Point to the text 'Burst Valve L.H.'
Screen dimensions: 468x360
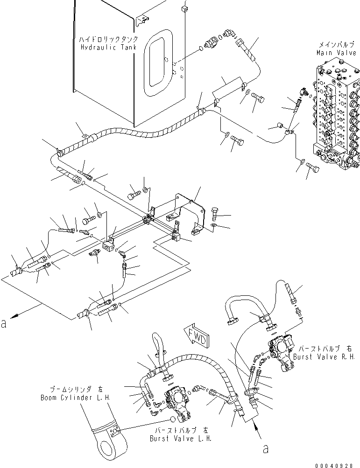coord(181,439)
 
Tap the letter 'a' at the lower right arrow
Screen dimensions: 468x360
coord(266,449)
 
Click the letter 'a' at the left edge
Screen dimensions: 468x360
coord(4,323)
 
